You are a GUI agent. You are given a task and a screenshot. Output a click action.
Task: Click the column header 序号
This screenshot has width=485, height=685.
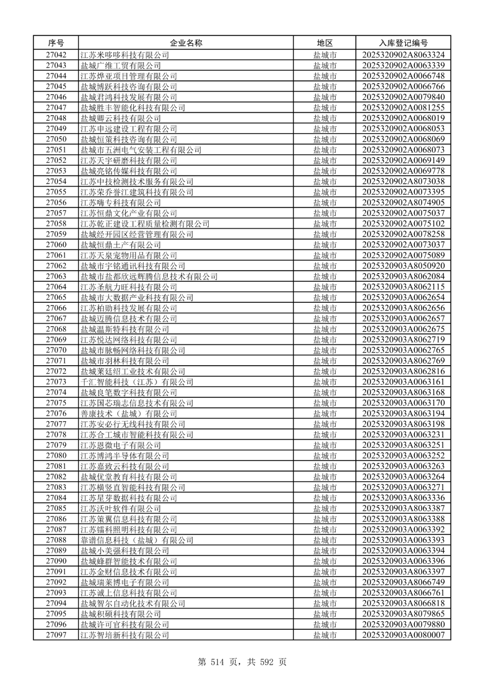point(56,43)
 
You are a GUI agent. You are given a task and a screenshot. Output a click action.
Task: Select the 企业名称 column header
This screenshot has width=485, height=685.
point(186,43)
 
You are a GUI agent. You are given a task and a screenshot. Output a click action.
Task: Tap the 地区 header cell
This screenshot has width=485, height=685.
point(325,43)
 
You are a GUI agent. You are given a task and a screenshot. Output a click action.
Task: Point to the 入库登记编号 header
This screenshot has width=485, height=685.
point(403,43)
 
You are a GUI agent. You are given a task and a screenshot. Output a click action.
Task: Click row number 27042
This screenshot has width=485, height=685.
point(56,55)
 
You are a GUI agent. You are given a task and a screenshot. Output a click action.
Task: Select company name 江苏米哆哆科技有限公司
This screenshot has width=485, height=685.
point(125,55)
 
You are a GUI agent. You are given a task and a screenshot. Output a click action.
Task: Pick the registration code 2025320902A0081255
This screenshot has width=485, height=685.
point(403,108)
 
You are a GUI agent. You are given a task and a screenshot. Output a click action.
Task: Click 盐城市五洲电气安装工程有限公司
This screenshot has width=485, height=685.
point(141,150)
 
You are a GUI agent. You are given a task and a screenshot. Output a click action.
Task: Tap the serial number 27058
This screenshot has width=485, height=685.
point(56,224)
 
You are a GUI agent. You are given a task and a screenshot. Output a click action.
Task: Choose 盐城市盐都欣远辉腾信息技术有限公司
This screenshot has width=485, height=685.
point(149,276)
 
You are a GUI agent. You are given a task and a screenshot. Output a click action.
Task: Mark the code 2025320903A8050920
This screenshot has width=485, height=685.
point(403,266)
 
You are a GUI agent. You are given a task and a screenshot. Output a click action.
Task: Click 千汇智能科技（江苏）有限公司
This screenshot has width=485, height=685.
point(137,382)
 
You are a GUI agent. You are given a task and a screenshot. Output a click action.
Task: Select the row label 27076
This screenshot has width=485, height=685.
point(56,414)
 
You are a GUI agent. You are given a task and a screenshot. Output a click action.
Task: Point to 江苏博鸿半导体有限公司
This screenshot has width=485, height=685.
point(125,456)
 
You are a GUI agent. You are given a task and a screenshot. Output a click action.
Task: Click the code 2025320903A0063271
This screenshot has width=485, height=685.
point(403,487)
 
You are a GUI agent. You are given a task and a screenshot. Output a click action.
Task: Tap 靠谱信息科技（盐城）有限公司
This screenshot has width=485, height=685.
point(137,540)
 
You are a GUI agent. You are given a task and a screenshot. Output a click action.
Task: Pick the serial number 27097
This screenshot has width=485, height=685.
point(56,635)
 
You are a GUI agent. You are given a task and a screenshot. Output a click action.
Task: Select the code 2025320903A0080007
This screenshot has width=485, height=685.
point(403,635)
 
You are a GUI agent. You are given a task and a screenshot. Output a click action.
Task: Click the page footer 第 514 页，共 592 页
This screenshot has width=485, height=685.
point(242,662)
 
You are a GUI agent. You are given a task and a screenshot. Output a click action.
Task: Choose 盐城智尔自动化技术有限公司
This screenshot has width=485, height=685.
point(133,603)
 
